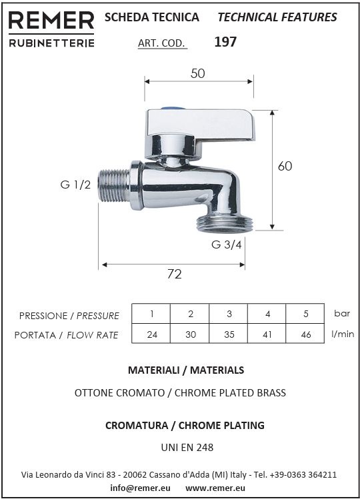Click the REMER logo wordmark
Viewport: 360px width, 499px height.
coord(51,21)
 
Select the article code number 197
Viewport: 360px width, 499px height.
coord(225,42)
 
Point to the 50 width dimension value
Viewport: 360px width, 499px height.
coord(197,73)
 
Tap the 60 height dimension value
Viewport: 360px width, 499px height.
coord(285,166)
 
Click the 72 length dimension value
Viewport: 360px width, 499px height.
coord(174,274)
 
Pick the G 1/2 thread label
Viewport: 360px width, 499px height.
coord(75,185)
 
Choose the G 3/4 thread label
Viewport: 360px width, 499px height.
coord(227,245)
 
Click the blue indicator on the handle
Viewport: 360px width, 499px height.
coord(173,109)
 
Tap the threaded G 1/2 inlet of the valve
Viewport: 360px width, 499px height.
coord(114,185)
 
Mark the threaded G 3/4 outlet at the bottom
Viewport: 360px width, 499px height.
coord(225,224)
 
